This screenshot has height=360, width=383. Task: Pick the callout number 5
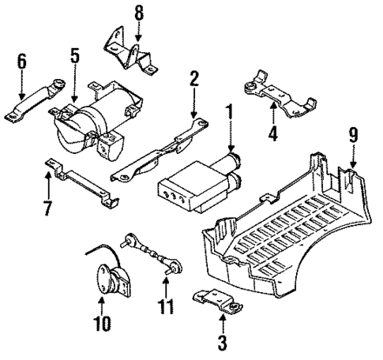tap(74, 56)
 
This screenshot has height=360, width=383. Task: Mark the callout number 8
tap(139, 13)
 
